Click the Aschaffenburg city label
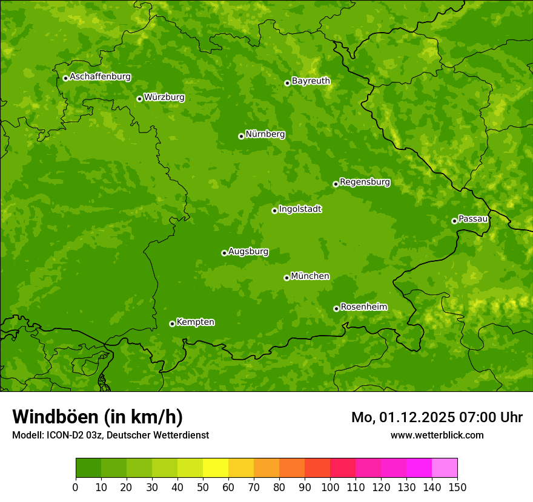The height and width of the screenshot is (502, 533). (x=100, y=77)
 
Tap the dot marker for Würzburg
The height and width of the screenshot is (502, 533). (x=139, y=99)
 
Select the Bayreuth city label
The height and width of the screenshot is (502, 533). (x=311, y=81)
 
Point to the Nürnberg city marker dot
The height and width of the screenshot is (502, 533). (x=241, y=136)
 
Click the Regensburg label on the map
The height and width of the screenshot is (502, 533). (x=365, y=182)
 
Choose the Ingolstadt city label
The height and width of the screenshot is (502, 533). (x=300, y=209)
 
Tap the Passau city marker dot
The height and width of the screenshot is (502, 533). (x=454, y=221)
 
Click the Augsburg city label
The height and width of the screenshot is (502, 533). (x=248, y=252)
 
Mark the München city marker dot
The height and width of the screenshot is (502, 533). (x=286, y=278)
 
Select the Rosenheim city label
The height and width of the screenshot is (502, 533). (x=363, y=307)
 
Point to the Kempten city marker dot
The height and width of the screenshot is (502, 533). (x=172, y=324)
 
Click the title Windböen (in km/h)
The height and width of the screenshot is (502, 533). (x=98, y=417)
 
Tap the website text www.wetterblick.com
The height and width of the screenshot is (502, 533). (x=437, y=435)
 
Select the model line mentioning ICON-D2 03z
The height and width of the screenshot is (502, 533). (x=110, y=435)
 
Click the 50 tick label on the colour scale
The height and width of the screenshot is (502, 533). (x=203, y=487)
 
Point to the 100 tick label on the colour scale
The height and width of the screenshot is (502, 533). (x=330, y=487)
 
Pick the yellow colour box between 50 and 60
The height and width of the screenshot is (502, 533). (x=216, y=468)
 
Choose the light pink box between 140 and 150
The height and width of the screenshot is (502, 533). (x=445, y=468)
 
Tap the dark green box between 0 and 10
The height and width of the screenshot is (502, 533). (x=88, y=468)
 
